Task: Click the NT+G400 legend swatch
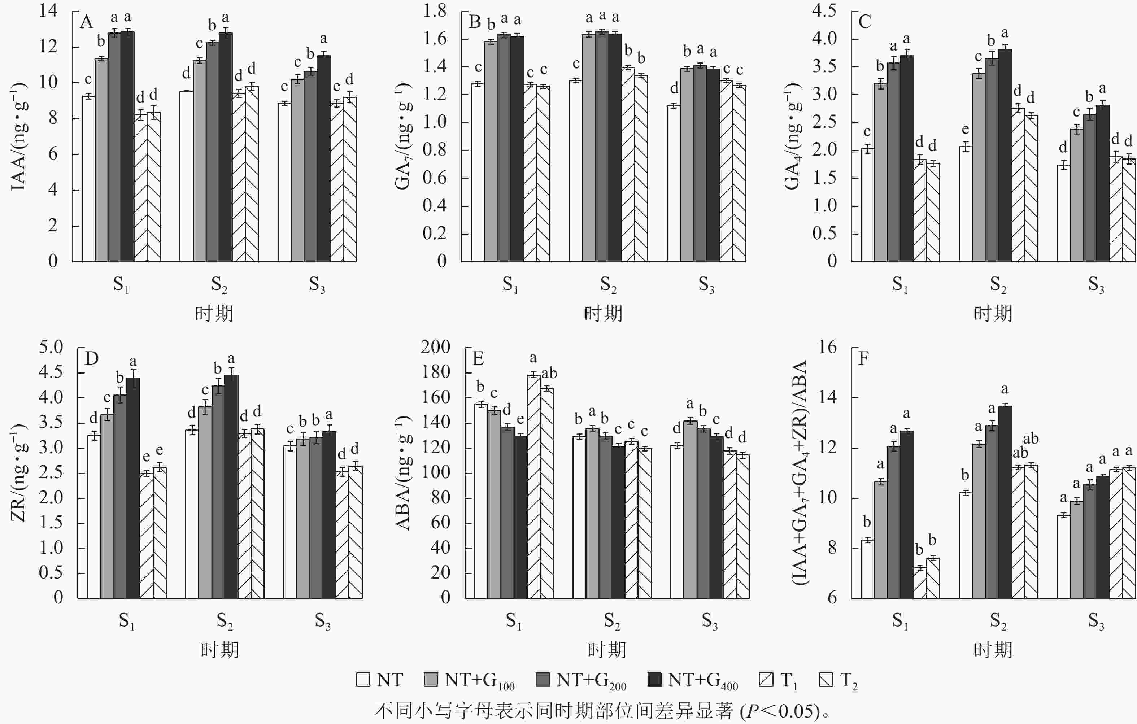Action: point(654,680)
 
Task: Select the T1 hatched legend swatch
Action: point(766,680)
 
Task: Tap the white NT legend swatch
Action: point(363,680)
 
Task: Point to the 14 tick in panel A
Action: point(49,10)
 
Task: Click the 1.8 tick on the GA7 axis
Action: point(434,10)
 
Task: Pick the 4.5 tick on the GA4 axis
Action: point(824,10)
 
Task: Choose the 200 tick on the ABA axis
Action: point(435,347)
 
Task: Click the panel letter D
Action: point(92,358)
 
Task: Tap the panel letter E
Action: point(478,358)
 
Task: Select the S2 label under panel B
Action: point(608,284)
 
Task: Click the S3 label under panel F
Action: point(1097,620)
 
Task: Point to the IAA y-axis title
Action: point(19,137)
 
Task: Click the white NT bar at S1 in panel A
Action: point(88,179)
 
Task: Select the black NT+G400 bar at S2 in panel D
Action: point(231,487)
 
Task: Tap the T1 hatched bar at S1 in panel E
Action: point(533,487)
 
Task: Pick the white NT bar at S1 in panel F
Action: point(867,569)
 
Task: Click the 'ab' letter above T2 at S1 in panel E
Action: point(549,374)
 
